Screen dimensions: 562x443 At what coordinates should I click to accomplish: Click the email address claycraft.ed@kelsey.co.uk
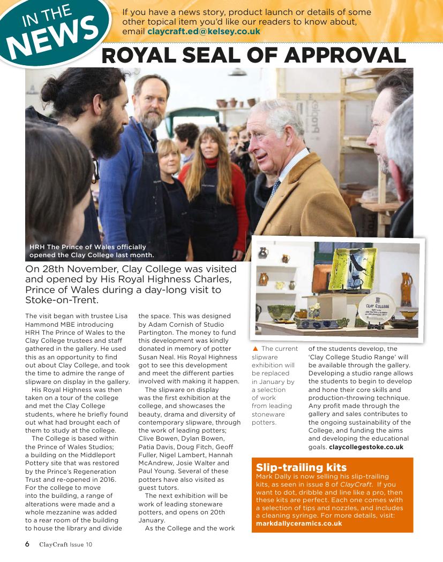(204, 32)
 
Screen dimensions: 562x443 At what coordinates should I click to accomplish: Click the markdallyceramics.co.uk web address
(299, 523)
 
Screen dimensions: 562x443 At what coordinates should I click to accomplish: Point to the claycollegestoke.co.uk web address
(366, 446)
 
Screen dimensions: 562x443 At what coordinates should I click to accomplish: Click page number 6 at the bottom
(27, 544)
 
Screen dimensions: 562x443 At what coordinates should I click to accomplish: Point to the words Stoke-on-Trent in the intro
(62, 300)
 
